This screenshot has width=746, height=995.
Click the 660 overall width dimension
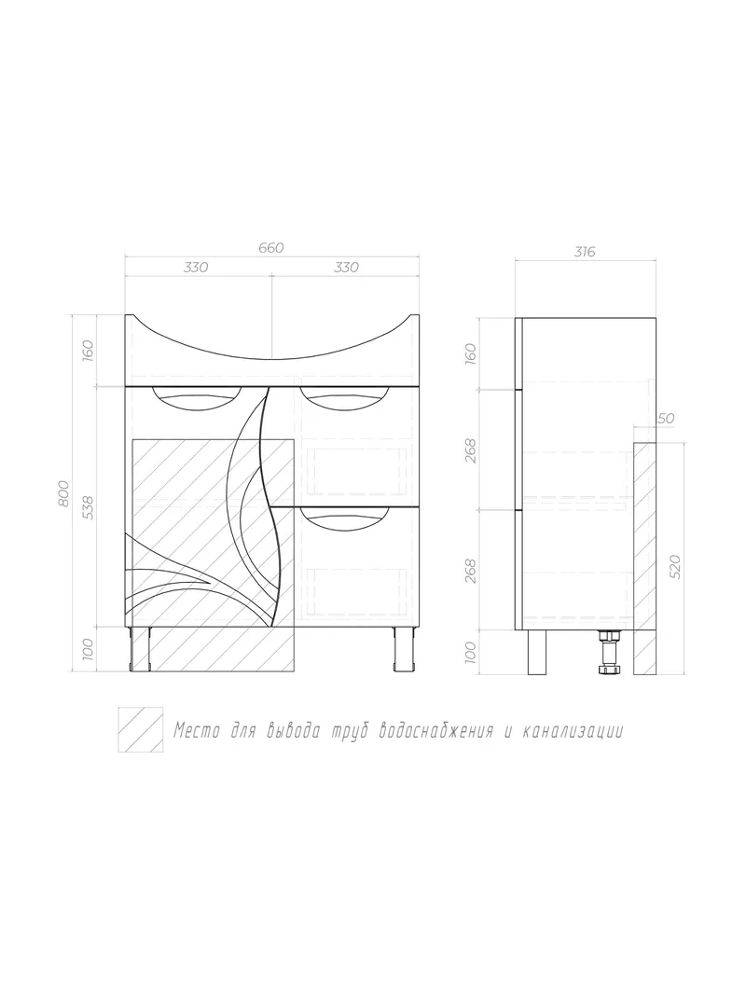(270, 247)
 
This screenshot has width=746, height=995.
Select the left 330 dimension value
(196, 267)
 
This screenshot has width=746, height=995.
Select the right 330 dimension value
(346, 267)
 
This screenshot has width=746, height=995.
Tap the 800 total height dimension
(62, 493)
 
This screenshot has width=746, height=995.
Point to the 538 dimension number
(89, 507)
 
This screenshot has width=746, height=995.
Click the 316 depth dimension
(585, 252)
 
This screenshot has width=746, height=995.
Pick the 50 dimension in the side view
(666, 419)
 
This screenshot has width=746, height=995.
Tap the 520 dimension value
(674, 566)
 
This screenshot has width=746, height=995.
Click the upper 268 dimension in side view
(470, 449)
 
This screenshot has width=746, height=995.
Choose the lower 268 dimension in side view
(470, 571)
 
